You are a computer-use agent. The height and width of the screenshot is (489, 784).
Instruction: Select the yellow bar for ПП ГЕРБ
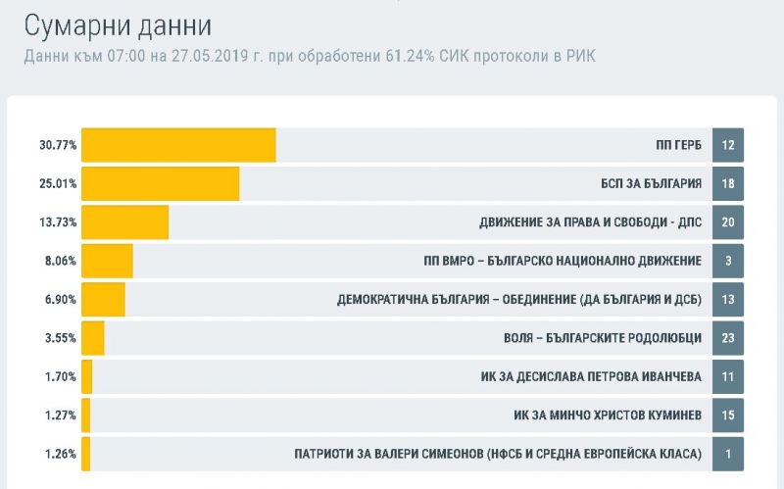pyautogui.click(x=178, y=145)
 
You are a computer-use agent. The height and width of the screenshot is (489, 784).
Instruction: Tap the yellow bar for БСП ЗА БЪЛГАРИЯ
pyautogui.click(x=160, y=183)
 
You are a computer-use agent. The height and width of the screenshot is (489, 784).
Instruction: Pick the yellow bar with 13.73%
pyautogui.click(x=124, y=222)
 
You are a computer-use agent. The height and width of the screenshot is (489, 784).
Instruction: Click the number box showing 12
pyautogui.click(x=728, y=145)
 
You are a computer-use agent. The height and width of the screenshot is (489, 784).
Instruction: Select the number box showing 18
pyautogui.click(x=728, y=183)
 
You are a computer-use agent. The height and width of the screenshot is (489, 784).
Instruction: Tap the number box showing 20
pyautogui.click(x=728, y=222)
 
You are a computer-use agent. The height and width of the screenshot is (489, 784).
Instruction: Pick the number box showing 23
pyautogui.click(x=728, y=338)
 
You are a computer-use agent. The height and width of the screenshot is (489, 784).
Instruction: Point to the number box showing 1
pyautogui.click(x=728, y=454)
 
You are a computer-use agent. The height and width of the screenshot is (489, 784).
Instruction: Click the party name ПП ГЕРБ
pyautogui.click(x=678, y=145)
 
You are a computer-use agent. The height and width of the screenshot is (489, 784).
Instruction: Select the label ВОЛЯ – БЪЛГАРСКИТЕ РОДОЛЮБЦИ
pyautogui.click(x=596, y=338)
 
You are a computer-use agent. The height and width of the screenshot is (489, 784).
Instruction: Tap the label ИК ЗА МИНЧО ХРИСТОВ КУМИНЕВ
pyautogui.click(x=608, y=416)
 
